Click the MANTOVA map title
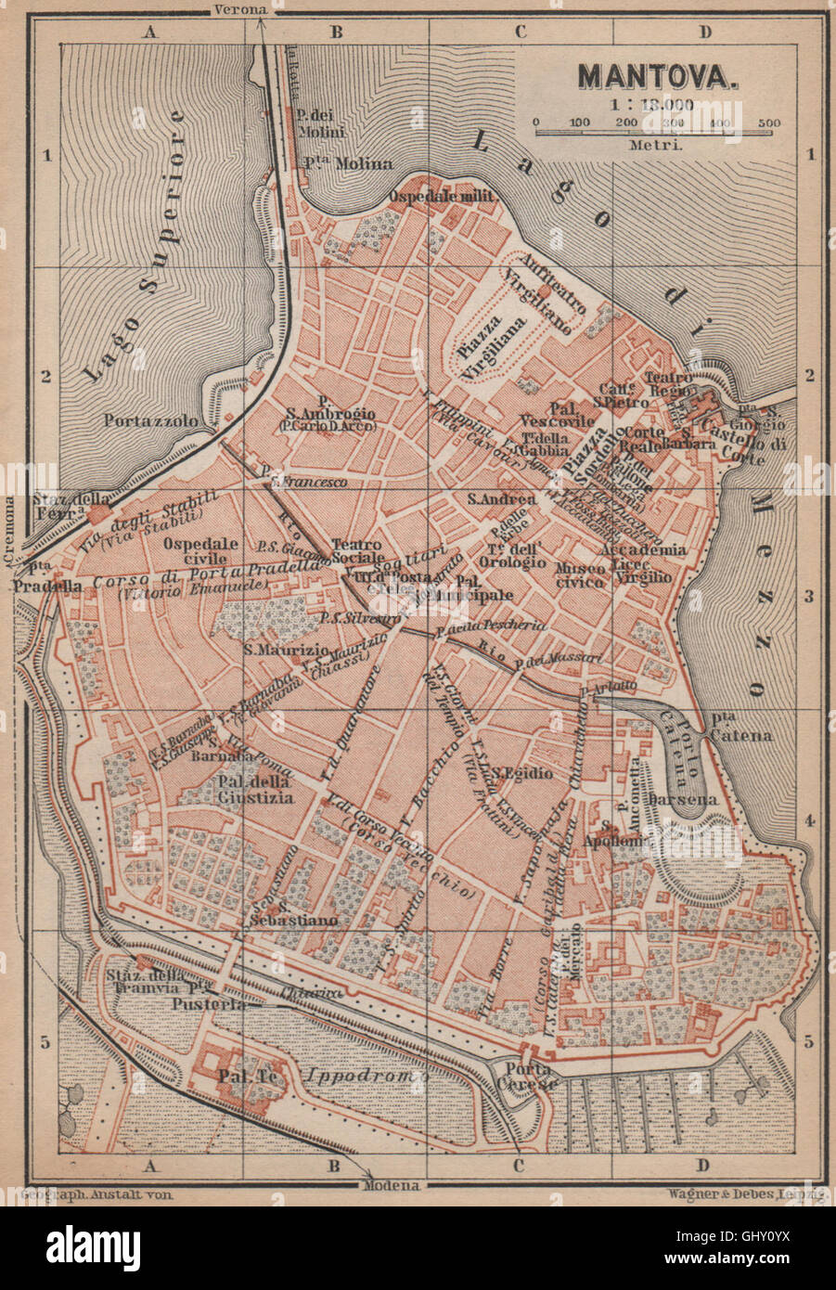(x=659, y=75)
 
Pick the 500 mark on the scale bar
(x=768, y=123)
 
